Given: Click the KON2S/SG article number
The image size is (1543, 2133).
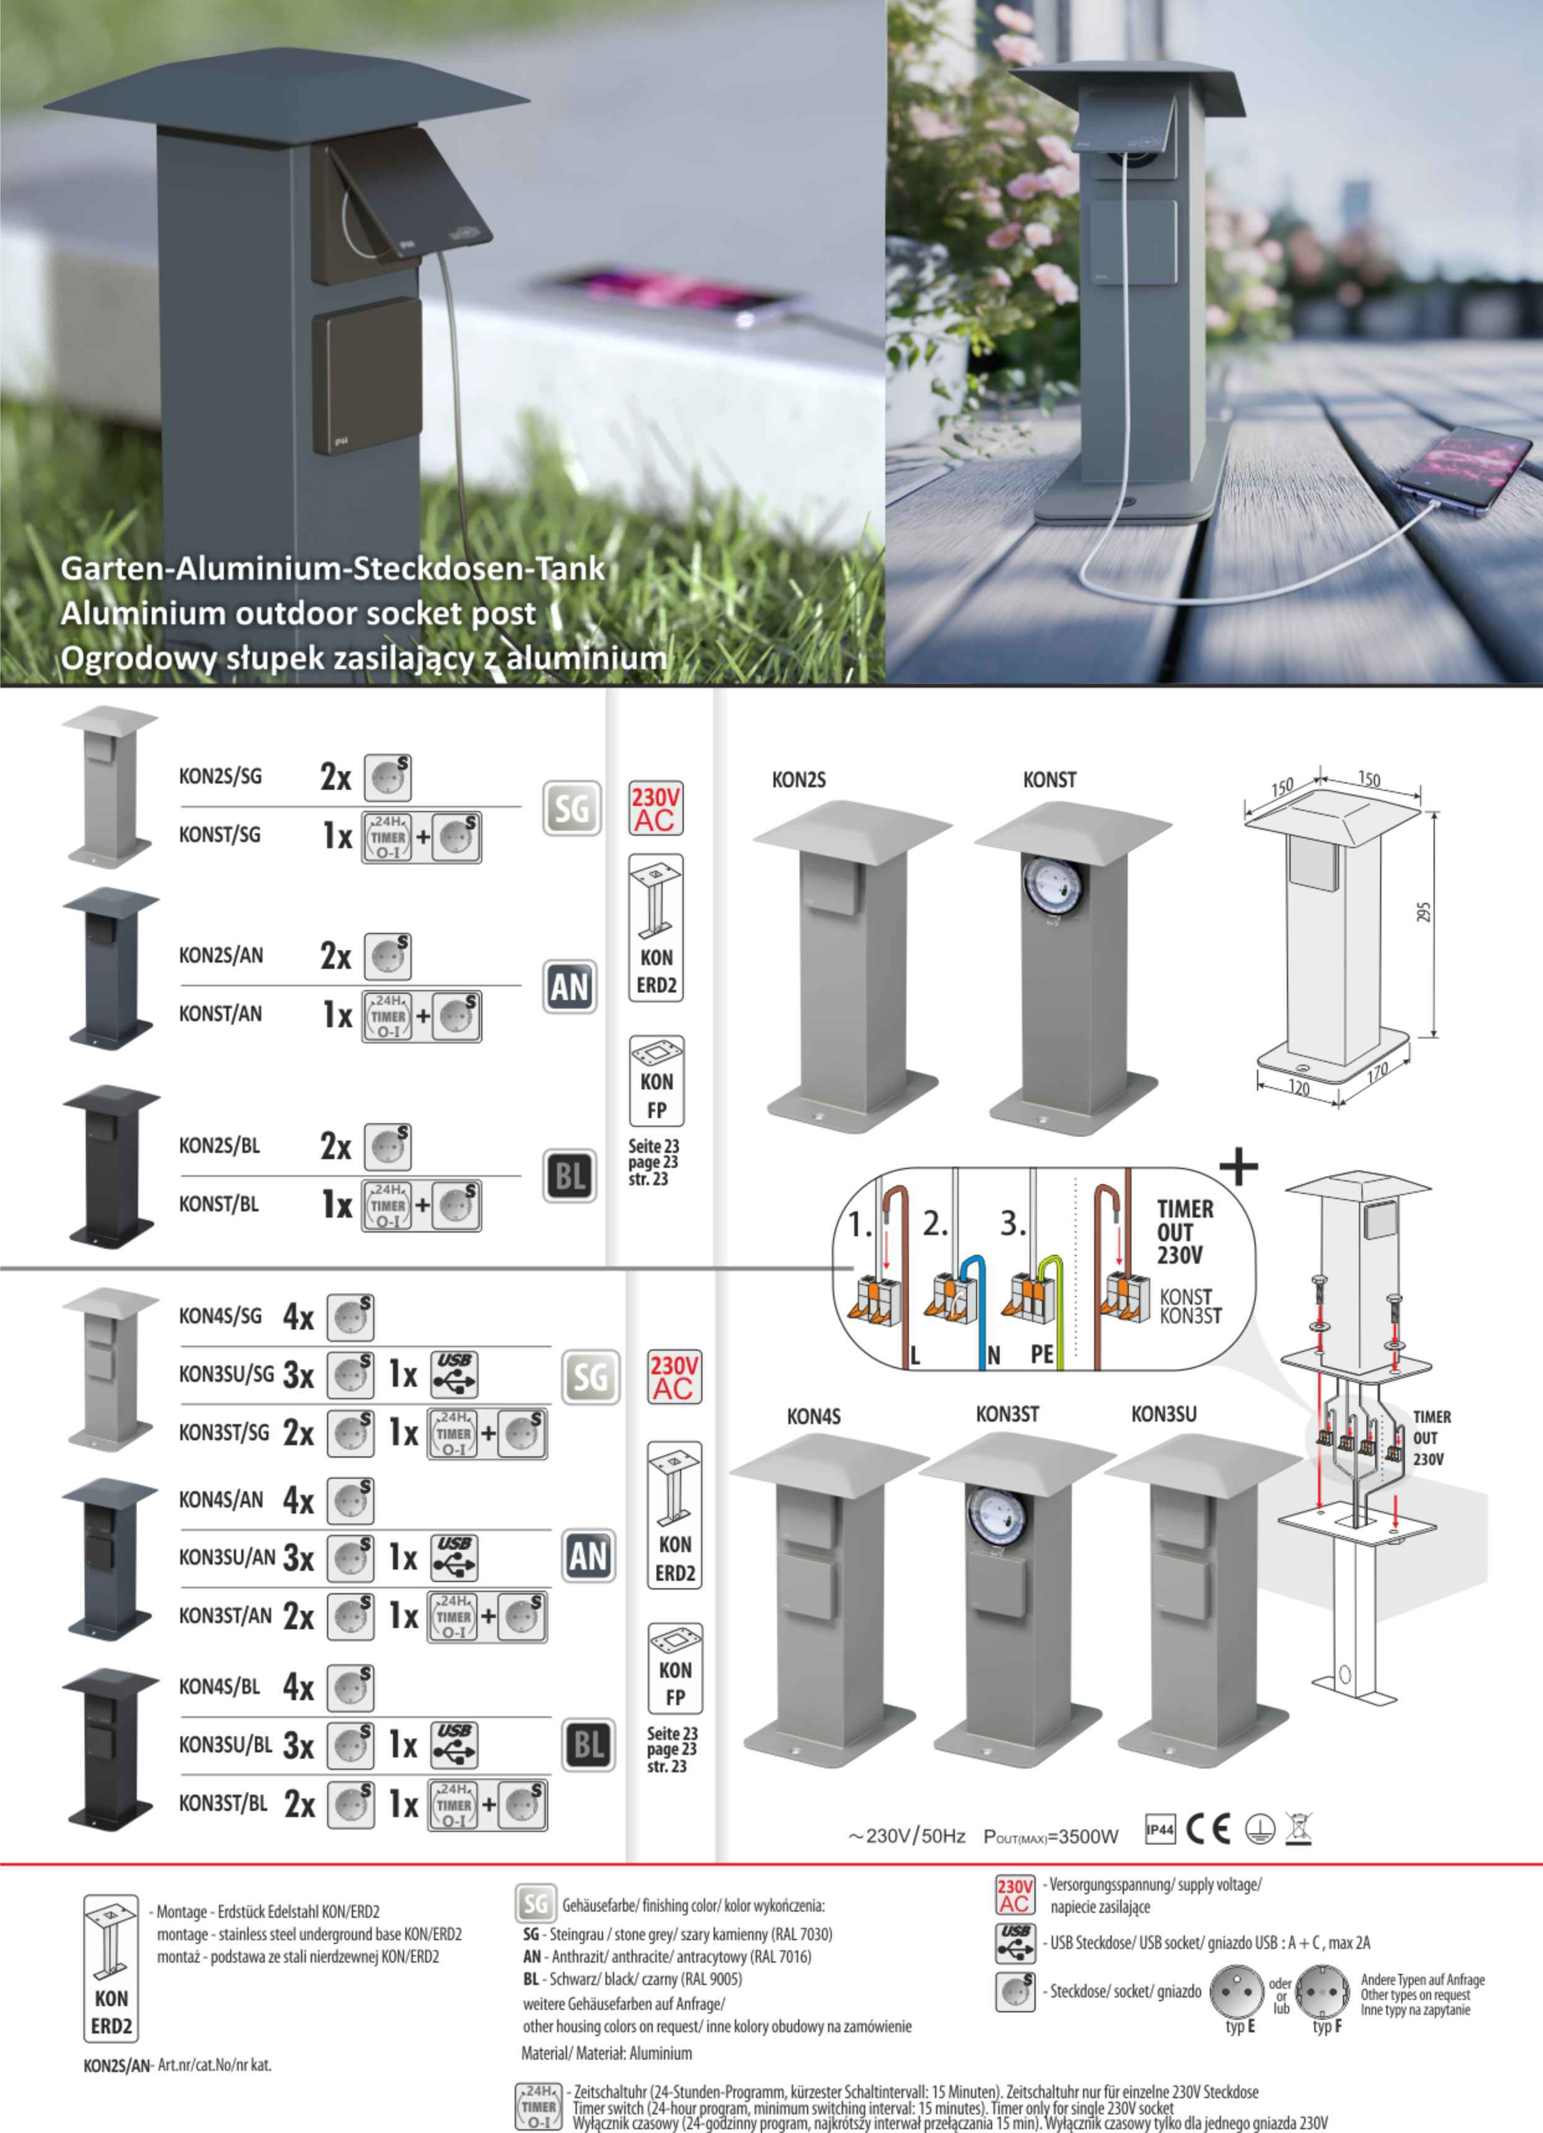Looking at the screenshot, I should click(x=220, y=777).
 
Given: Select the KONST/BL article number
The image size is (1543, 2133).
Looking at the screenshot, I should click(x=218, y=1205).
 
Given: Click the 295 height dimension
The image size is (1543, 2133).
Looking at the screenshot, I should click(x=1424, y=913).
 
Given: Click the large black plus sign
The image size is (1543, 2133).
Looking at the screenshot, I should click(x=1238, y=1167).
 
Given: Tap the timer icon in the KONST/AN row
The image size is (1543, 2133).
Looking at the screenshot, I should click(x=387, y=1016).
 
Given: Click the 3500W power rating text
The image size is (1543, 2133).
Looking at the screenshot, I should click(x=1051, y=1836).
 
